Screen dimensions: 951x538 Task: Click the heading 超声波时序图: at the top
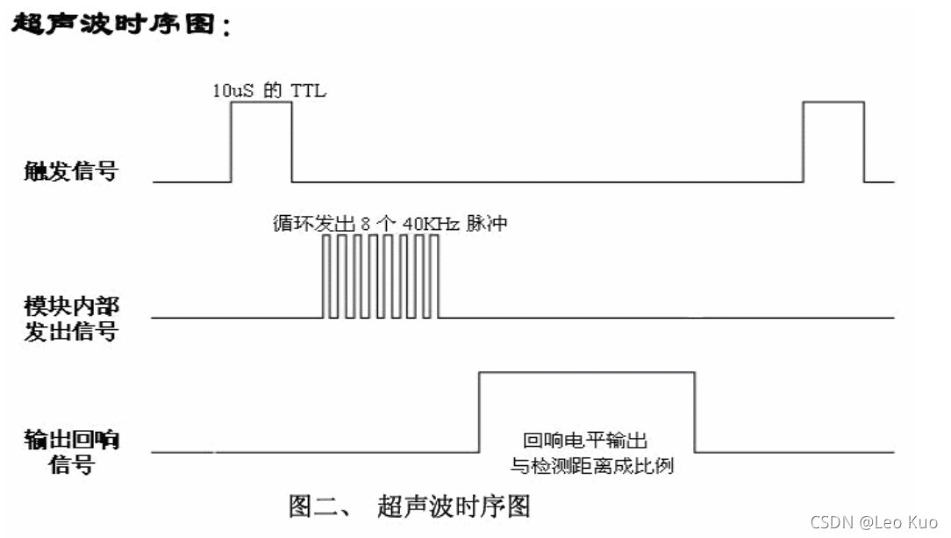pos(121,25)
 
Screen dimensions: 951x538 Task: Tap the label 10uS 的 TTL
pos(269,90)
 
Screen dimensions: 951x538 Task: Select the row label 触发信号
pos(70,171)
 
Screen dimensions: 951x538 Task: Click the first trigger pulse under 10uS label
pos(261,102)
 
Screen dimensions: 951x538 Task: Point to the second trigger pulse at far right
pos(834,102)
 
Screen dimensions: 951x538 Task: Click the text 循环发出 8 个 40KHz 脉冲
pos(390,223)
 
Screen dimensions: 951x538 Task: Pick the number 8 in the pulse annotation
pos(365,224)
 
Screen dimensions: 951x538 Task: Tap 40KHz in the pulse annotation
pos(432,224)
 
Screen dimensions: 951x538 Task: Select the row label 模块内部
pos(71,305)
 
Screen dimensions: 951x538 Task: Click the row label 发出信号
pos(71,332)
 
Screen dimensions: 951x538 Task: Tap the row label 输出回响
pos(71,440)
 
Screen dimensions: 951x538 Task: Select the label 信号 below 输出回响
pos(72,465)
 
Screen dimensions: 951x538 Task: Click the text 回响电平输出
pos(585,441)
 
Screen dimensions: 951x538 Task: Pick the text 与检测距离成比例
pos(592,466)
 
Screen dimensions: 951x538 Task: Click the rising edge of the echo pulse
pos(479,412)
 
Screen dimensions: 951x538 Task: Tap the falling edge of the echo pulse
pos(695,412)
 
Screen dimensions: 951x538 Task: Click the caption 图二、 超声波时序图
pos(410,506)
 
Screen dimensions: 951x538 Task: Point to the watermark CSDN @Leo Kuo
pos(874,522)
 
